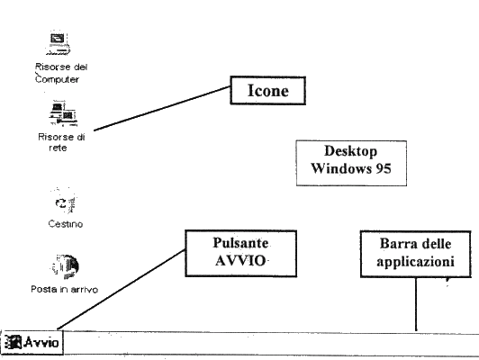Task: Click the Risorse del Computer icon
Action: [58, 42]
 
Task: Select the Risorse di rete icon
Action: [63, 113]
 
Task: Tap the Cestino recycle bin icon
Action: [65, 202]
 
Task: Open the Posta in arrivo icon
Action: [65, 266]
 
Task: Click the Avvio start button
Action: [32, 342]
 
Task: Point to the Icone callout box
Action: [268, 90]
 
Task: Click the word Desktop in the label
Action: [351, 151]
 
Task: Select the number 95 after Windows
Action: [384, 168]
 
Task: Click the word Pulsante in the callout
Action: [240, 243]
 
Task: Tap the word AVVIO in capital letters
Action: [240, 261]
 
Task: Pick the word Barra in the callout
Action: [395, 244]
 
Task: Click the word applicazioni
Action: [415, 262]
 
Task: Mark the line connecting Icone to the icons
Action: [162, 108]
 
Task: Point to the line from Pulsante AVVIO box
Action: [122, 290]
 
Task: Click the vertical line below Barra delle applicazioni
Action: [416, 304]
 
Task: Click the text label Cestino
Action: [66, 224]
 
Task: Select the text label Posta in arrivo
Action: [65, 289]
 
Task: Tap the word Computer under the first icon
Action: [57, 79]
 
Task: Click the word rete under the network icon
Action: [58, 148]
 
